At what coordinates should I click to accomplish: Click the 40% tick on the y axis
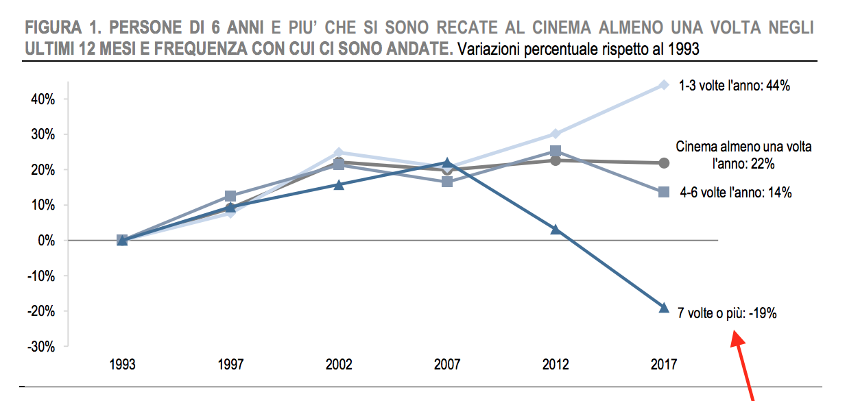click(43, 99)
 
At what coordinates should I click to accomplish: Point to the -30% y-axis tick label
click(41, 347)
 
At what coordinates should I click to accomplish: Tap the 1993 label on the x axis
click(122, 365)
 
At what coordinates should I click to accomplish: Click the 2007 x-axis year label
click(447, 365)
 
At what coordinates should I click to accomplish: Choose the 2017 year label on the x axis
click(663, 365)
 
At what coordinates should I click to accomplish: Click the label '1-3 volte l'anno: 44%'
click(736, 86)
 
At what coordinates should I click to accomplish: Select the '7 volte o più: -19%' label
click(727, 313)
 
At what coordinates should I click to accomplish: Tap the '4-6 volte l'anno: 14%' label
click(736, 193)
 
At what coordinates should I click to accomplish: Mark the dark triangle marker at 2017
click(663, 308)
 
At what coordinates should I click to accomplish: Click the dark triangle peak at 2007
click(447, 163)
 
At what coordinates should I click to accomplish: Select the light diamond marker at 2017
click(663, 85)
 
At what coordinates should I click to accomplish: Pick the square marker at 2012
click(556, 151)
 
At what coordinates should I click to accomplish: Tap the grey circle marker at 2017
click(663, 163)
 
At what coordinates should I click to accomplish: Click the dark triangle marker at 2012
click(556, 229)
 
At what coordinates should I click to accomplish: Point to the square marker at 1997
click(230, 196)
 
